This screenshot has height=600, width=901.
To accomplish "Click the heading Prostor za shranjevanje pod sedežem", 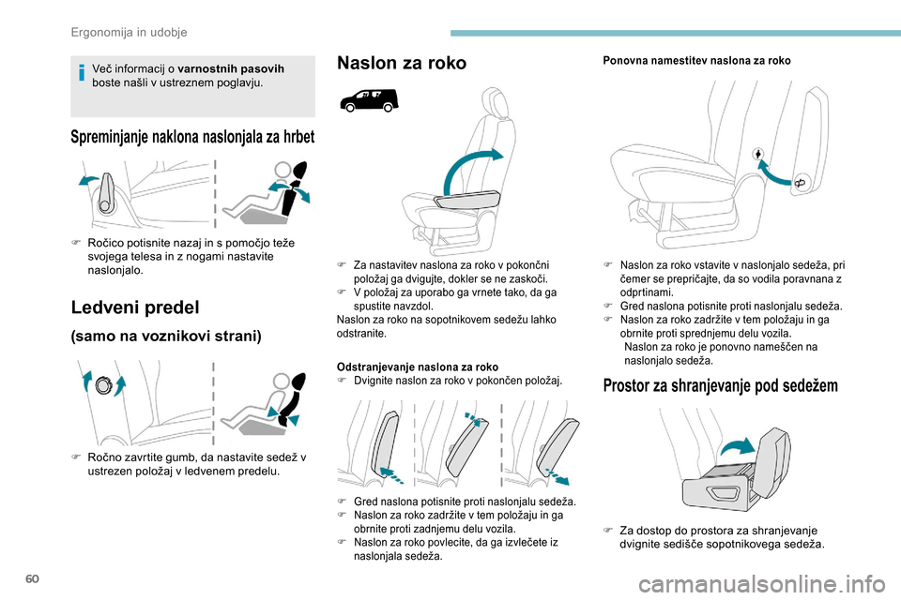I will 721,384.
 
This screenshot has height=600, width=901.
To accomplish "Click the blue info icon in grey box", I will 82,74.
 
